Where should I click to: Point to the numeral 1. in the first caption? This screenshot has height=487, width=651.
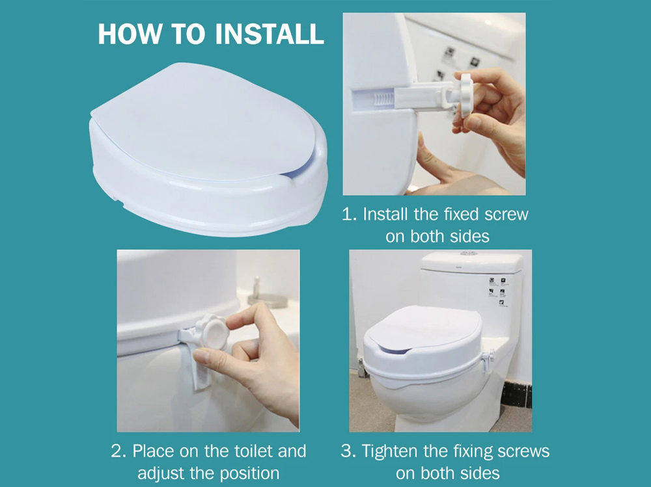[350, 215]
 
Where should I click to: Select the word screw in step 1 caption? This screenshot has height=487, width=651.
[503, 215]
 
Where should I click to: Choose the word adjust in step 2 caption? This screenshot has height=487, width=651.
[159, 473]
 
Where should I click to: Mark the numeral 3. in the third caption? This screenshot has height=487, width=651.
[348, 451]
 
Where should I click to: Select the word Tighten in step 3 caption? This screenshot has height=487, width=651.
[391, 451]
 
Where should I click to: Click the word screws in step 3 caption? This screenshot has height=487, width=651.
[525, 451]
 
